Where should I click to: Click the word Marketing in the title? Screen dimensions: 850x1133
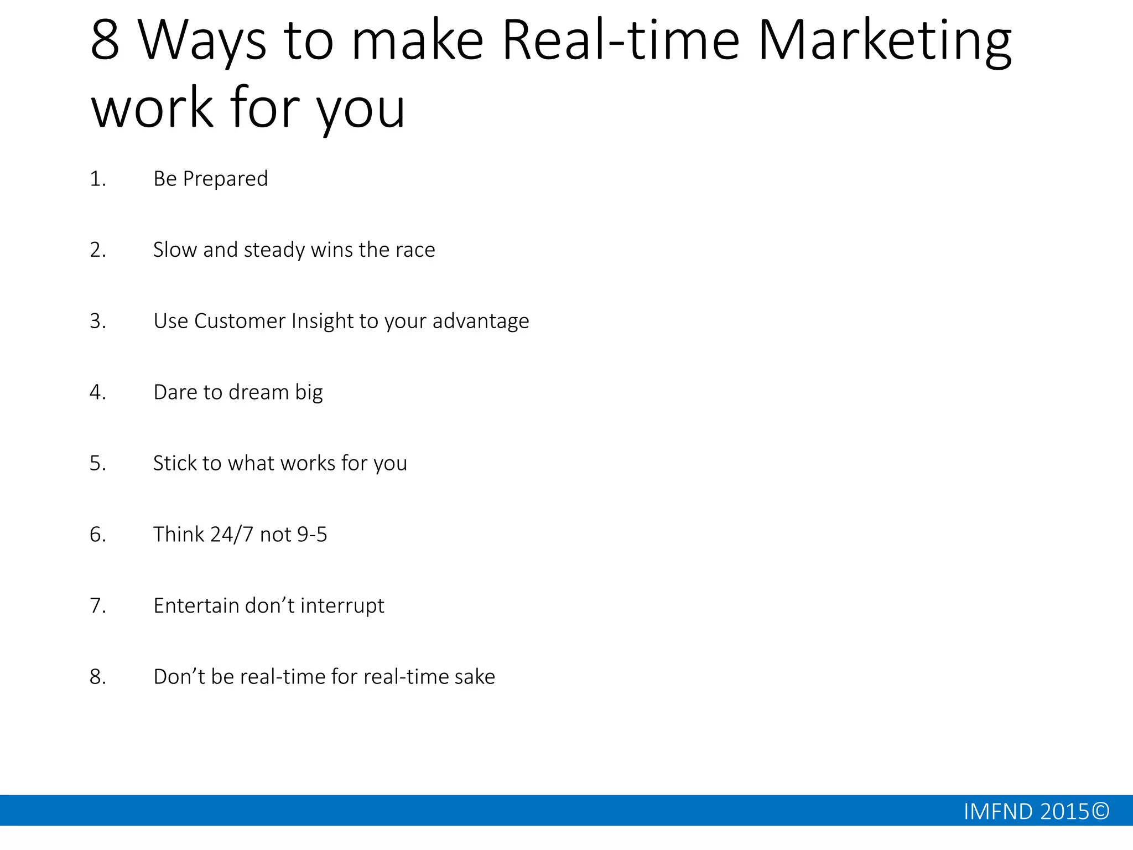pos(884,42)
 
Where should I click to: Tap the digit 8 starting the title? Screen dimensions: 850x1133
pos(105,40)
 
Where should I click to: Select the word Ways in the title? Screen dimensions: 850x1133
pos(202,42)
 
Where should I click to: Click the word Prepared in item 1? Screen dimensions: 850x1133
pos(225,179)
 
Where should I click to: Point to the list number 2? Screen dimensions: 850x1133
pos(97,250)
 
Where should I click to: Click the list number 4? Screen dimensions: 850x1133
pos(97,392)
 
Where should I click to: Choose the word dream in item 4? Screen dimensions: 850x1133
pos(259,392)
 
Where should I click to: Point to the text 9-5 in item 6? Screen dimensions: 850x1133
pos(312,535)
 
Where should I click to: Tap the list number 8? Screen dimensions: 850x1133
pos(97,677)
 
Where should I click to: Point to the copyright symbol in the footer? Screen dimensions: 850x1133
pos(1101,811)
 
